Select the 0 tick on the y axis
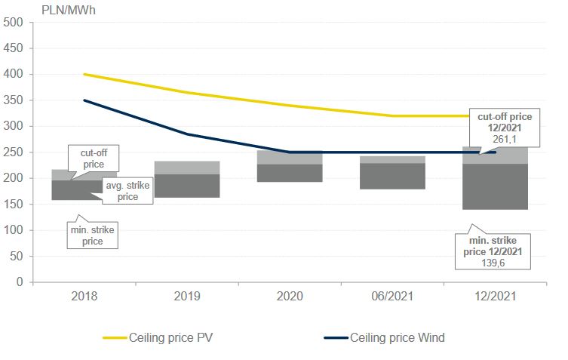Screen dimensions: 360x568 [x=20, y=282]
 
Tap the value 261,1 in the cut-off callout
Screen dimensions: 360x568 [x=505, y=139]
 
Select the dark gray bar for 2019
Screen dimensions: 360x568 [x=188, y=186]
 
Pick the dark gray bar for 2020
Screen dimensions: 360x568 [x=290, y=173]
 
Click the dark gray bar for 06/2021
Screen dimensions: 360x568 [x=391, y=176]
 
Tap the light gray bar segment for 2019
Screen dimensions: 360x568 [x=188, y=167]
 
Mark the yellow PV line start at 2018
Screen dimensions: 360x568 [x=84, y=74]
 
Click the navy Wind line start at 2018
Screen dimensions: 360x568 [x=84, y=100]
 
